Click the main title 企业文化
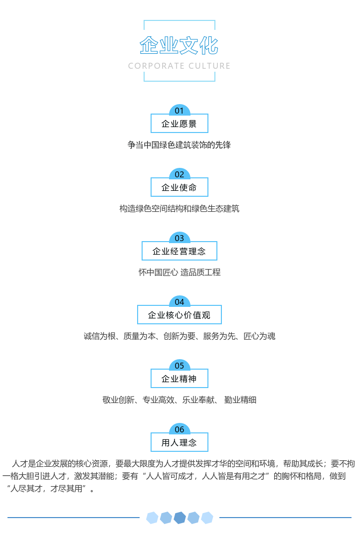click(179, 45)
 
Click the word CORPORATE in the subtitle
click(156, 66)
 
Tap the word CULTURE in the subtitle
click(209, 66)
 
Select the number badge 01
click(180, 110)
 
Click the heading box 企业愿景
click(180, 123)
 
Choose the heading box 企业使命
click(180, 187)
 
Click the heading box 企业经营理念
click(180, 251)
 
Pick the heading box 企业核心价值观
click(180, 314)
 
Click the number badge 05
click(180, 365)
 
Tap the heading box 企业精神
click(180, 378)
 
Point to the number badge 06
click(180, 428)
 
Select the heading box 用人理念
click(180, 442)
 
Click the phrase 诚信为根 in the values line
click(99, 336)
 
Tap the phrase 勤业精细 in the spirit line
click(240, 400)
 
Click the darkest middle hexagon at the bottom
click(180, 518)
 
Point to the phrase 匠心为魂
click(259, 336)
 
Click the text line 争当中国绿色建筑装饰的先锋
click(179, 144)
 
